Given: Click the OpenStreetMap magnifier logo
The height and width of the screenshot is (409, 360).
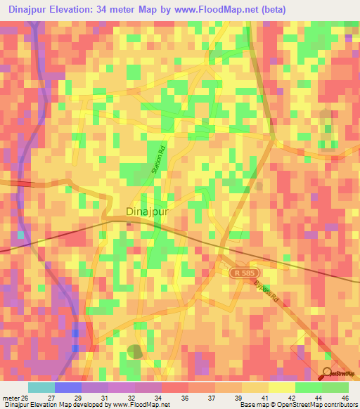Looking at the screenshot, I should [328, 373].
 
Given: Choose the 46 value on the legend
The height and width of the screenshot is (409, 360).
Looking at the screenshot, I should [345, 398].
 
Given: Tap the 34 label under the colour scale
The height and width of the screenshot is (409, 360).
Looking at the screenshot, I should [157, 398].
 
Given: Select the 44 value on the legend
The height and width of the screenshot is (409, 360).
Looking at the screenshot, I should [319, 398].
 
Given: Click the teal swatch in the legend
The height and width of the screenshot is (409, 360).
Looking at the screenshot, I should [41, 387].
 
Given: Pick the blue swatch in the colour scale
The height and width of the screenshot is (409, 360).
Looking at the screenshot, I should [67, 387].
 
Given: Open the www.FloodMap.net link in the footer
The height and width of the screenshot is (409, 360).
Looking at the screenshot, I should [145, 405].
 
